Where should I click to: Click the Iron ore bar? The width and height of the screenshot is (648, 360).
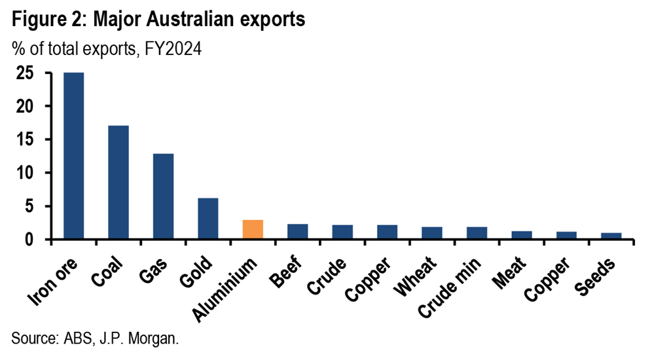[x=73, y=156]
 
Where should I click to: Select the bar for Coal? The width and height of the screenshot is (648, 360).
[x=118, y=182]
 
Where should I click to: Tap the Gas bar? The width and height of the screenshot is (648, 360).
[x=163, y=196]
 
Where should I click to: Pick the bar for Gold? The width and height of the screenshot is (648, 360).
[x=207, y=219]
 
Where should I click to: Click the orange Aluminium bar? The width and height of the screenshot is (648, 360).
[x=253, y=230]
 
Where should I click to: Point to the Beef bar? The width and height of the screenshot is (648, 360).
[x=297, y=232]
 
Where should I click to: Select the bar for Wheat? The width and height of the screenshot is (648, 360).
[x=431, y=233]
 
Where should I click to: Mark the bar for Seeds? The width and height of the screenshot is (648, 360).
[x=611, y=236]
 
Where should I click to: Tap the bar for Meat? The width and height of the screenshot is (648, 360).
[x=521, y=235]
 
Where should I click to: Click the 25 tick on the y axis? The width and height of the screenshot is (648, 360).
[x=25, y=73]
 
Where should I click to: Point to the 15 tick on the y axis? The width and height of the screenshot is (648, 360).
[x=25, y=140]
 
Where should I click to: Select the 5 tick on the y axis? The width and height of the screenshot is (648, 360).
[x=30, y=207]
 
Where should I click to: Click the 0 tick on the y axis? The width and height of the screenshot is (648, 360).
[x=30, y=240]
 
